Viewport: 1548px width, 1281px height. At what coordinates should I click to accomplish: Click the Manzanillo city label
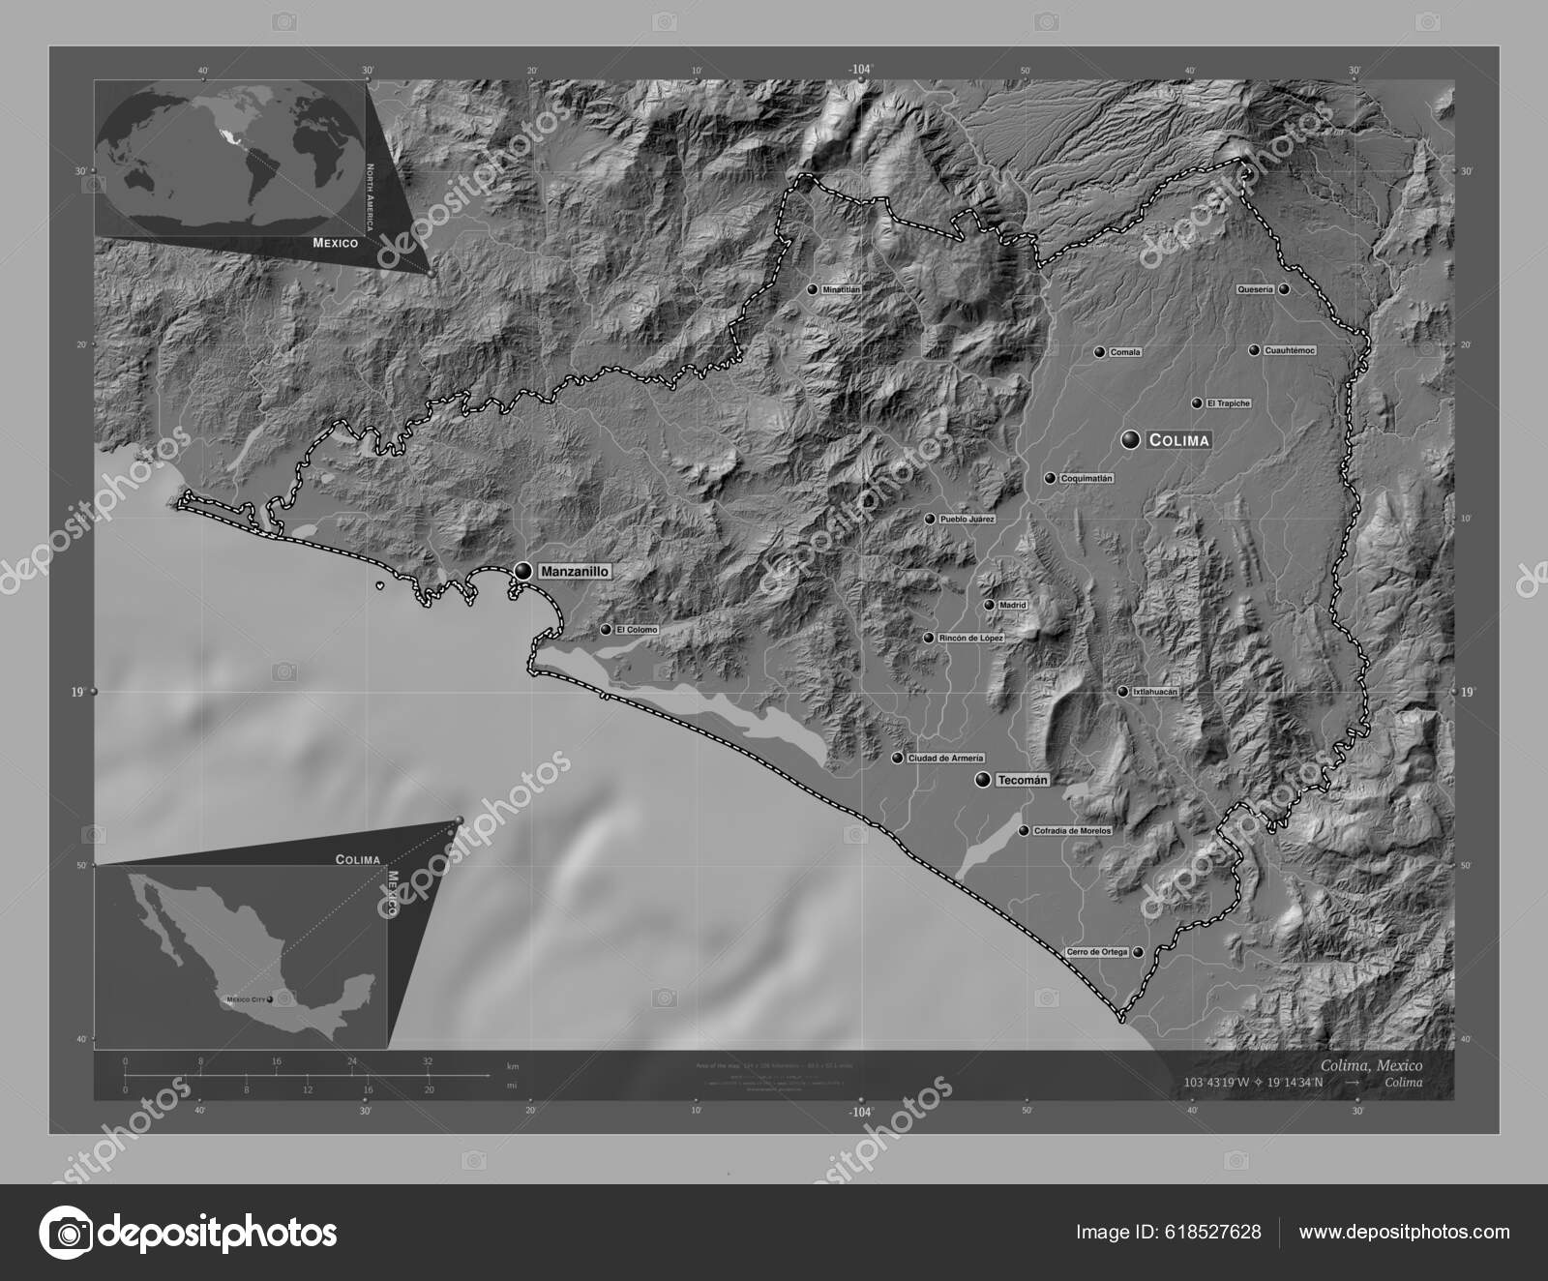[x=575, y=572]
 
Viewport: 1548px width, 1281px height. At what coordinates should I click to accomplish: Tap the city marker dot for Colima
[x=1130, y=440]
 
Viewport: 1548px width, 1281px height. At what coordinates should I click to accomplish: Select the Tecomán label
[x=1023, y=780]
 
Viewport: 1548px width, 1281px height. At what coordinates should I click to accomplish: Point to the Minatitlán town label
[x=841, y=289]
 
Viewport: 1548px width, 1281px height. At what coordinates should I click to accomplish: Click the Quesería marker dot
[x=1284, y=289]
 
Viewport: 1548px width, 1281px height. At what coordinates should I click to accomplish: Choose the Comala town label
[x=1125, y=352]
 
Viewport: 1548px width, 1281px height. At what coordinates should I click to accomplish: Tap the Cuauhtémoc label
[x=1290, y=350]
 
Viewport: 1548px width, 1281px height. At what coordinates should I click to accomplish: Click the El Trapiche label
[x=1228, y=403]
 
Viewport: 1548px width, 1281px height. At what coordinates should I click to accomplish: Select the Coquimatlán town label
[x=1087, y=478]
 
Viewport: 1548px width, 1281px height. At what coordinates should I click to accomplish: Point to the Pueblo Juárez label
[x=967, y=520]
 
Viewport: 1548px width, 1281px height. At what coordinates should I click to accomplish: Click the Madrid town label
[x=1013, y=605]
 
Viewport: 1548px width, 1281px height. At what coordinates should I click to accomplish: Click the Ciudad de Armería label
[x=945, y=758]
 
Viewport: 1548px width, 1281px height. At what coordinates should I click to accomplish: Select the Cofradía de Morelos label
[x=1072, y=830]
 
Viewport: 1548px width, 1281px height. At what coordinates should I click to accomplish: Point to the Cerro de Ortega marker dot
[x=1139, y=952]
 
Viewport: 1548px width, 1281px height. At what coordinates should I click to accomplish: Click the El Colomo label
[x=636, y=630]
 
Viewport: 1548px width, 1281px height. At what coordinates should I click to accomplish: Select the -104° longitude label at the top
[x=860, y=70]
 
